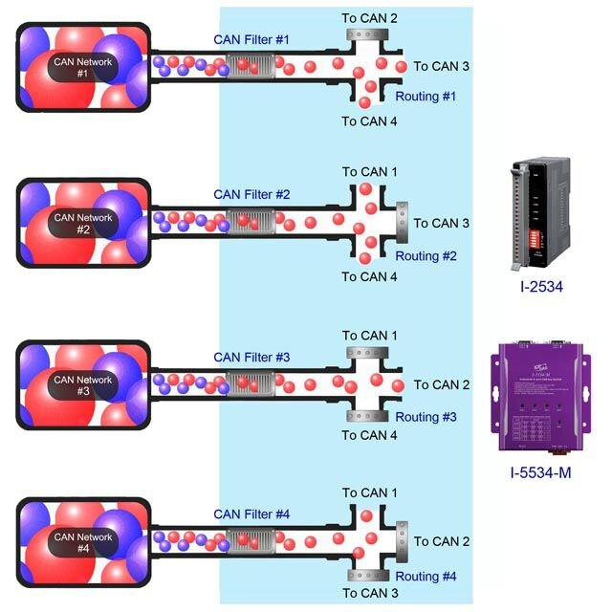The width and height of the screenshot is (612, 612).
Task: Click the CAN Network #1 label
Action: tap(82, 67)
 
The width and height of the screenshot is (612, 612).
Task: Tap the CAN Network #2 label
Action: tap(83, 224)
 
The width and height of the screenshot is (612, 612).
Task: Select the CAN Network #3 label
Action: tap(83, 385)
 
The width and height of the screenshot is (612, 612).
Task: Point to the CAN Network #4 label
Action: tap(83, 542)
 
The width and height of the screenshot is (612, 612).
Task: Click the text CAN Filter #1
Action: tap(251, 39)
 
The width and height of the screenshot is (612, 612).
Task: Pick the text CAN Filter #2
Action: tap(251, 194)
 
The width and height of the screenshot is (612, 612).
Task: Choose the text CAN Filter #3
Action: tap(251, 357)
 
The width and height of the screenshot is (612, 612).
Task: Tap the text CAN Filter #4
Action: tap(251, 514)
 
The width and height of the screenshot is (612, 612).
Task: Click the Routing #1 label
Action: tap(426, 97)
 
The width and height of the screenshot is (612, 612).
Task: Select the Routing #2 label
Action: tap(426, 256)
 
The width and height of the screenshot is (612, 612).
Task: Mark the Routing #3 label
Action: tap(426, 417)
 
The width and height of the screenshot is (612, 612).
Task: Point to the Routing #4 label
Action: tap(426, 577)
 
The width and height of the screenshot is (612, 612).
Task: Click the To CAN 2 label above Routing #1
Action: tap(370, 17)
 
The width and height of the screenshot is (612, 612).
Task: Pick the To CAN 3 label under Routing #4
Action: tap(370, 593)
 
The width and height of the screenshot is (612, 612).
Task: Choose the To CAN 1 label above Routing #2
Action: tap(370, 172)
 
